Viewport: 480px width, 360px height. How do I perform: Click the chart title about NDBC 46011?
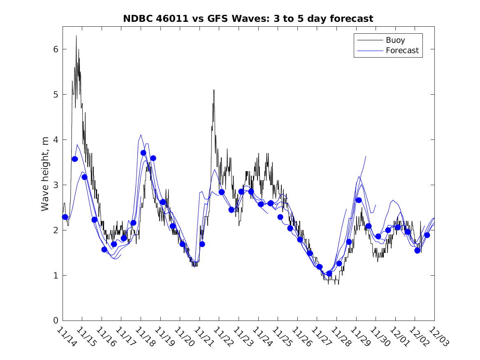(248, 19)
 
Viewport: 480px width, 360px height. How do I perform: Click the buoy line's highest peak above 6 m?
(76, 36)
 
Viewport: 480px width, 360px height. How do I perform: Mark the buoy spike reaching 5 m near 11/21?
(214, 90)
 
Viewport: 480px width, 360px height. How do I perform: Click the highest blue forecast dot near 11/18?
(143, 153)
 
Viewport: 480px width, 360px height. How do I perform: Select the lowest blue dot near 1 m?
(329, 273)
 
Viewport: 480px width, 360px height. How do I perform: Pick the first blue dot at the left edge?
(65, 217)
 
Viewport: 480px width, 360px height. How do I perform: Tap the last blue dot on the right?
(427, 235)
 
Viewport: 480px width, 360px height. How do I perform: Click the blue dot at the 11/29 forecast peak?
(359, 200)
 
